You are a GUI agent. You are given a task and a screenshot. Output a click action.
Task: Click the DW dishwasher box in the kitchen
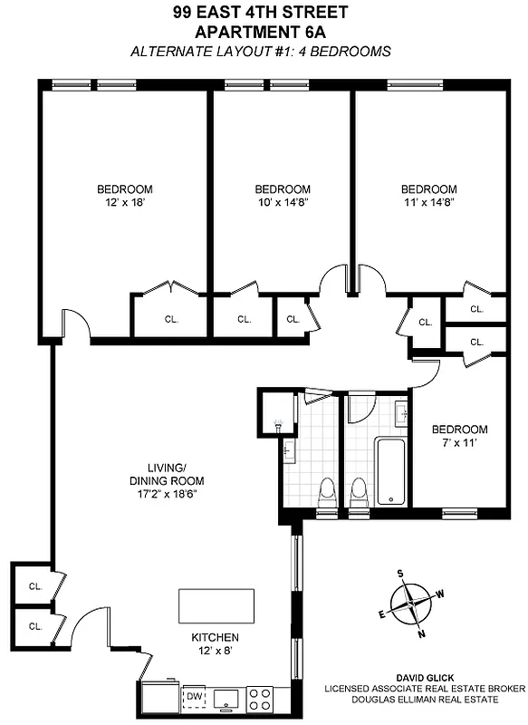(193, 696)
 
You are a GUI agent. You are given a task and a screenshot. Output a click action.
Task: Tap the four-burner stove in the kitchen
(261, 698)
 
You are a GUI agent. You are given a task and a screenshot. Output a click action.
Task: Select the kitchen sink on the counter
(225, 697)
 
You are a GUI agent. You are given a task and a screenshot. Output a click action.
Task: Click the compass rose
(412, 601)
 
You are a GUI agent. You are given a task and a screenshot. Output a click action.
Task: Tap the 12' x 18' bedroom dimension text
(125, 203)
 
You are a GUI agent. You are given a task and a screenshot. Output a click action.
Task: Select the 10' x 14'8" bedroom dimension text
(283, 203)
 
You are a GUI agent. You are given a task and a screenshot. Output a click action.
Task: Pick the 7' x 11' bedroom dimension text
(459, 443)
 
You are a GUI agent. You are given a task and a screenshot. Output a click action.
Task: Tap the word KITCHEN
(215, 637)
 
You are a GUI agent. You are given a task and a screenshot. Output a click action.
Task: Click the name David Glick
(425, 676)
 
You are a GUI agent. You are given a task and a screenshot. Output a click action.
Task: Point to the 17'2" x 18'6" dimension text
(169, 495)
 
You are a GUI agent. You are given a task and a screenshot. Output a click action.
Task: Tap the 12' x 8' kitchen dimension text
(215, 651)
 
